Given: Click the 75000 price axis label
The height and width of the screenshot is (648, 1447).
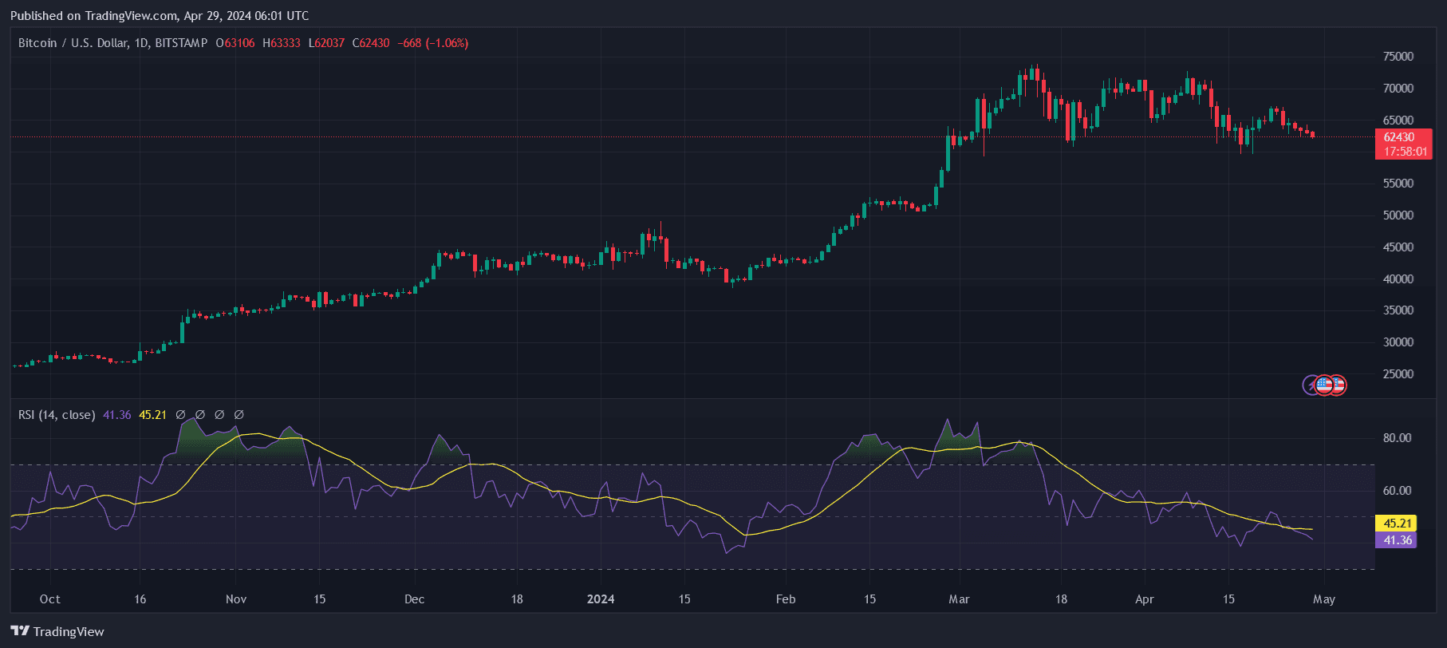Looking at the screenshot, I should point(1398,57).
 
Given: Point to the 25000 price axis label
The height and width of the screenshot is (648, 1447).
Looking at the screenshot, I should point(1398,374).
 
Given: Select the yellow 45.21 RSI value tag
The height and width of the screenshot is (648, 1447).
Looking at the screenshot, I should point(1396,524).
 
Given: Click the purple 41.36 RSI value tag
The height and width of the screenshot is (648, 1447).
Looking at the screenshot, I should point(1396,540).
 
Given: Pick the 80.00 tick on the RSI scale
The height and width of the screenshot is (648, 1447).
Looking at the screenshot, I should point(1397,438).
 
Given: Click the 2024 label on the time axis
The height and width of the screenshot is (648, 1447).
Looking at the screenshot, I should point(601,599).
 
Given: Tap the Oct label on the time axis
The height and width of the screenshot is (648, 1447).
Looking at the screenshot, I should point(50,599).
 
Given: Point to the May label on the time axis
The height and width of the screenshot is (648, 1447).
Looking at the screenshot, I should point(1324,599).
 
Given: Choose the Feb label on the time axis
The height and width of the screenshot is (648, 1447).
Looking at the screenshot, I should point(786,599).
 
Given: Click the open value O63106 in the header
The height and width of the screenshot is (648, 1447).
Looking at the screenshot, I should point(235,43).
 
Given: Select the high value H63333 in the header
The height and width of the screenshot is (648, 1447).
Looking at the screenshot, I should point(282,43).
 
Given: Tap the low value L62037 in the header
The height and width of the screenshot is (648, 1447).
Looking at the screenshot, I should point(327,43).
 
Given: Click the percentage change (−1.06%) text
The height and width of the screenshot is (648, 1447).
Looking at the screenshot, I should point(447,43).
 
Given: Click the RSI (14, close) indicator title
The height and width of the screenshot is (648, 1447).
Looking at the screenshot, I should point(57,415).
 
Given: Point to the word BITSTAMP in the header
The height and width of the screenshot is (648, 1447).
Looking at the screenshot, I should point(181,43).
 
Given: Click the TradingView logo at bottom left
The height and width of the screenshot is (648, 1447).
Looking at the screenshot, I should point(57,631).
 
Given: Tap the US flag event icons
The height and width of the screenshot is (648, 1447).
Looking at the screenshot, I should point(1330,385).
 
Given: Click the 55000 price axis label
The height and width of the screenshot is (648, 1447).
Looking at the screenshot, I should point(1398,184).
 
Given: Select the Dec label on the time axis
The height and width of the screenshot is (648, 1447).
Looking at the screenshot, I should point(415,599).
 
